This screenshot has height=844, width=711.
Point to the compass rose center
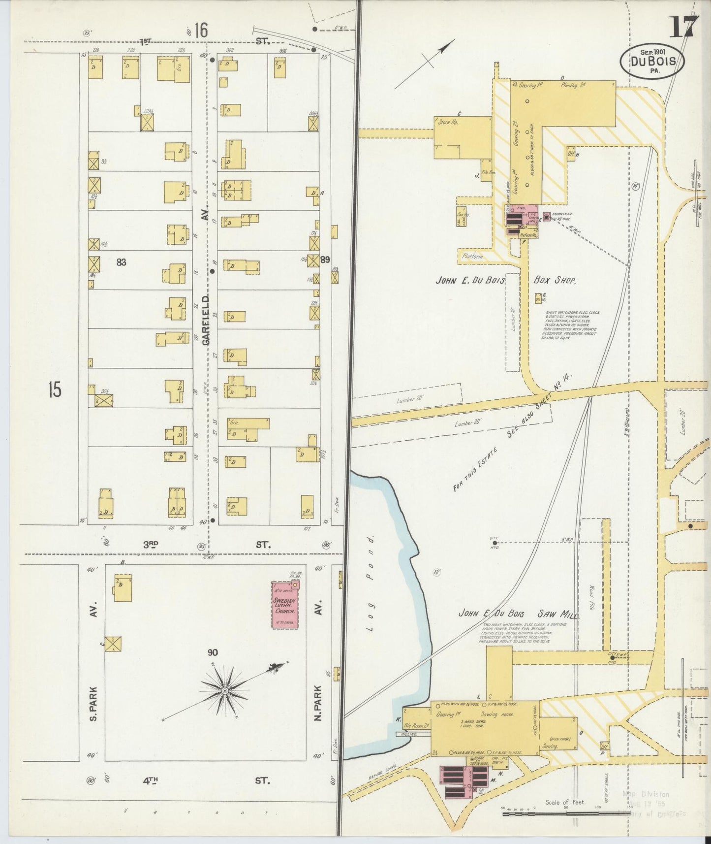click(225, 691)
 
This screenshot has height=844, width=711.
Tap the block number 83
click(121, 262)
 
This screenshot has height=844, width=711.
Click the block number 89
click(325, 259)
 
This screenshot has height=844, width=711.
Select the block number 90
click(213, 653)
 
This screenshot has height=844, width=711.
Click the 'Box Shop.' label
click(555, 280)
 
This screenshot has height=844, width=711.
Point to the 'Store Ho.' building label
click(448, 122)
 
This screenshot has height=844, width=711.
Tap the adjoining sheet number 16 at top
click(200, 31)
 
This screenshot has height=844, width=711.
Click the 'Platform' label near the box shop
click(473, 257)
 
